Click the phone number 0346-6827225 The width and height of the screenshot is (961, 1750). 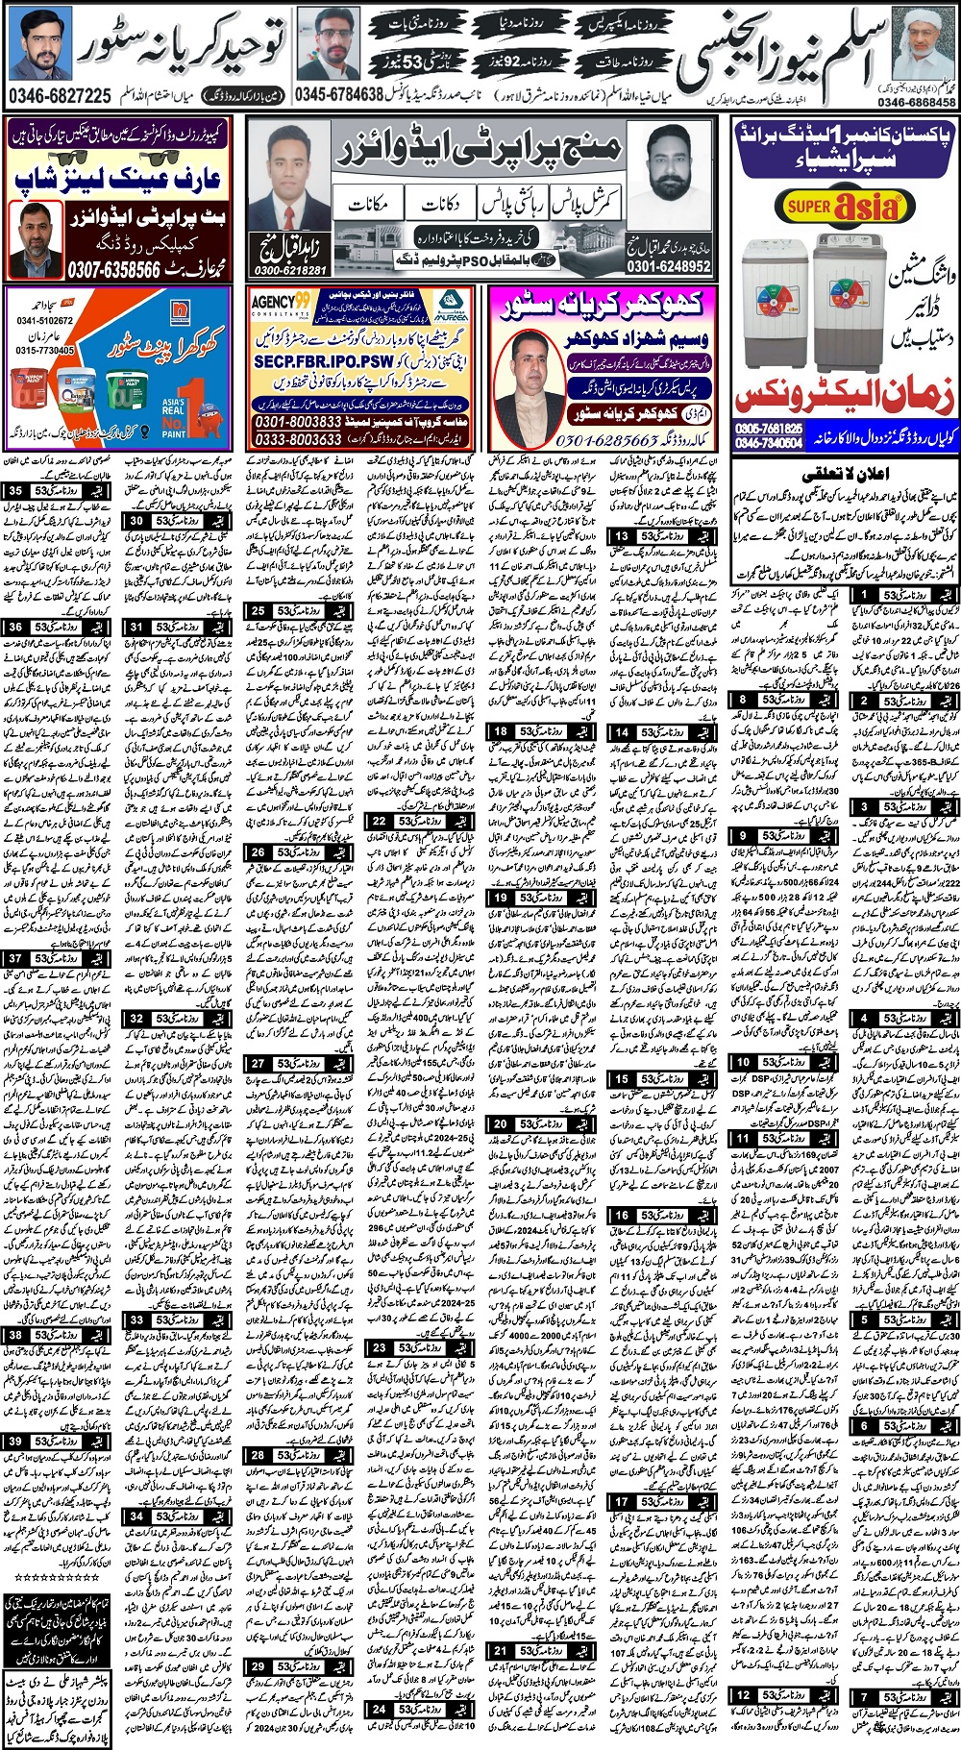coord(60,96)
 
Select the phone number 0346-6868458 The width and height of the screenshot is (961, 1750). coord(916,102)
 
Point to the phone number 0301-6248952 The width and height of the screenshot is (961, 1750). coord(669,266)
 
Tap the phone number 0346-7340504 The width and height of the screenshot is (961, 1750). coord(768,442)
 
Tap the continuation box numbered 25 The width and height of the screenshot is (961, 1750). coord(297,611)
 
